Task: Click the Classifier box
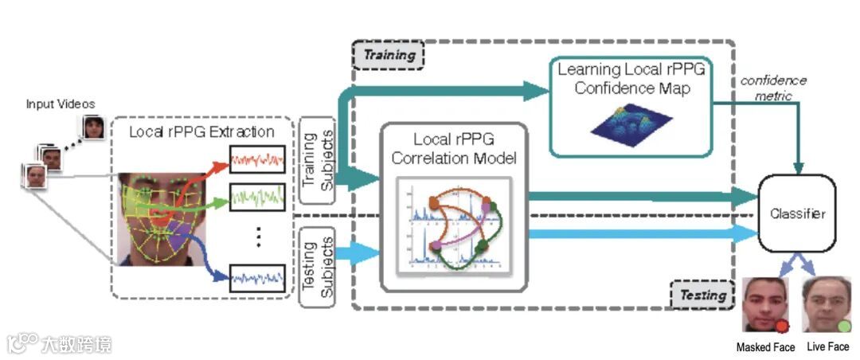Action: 797,213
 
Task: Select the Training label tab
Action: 389,55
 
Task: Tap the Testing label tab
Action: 702,295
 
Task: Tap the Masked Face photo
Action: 765,305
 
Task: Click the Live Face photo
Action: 826,305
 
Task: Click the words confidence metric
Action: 773,88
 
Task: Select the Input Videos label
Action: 61,104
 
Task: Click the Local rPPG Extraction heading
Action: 201,131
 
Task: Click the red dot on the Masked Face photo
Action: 782,326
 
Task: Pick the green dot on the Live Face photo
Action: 843,326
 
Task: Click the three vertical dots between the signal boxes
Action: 257,237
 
